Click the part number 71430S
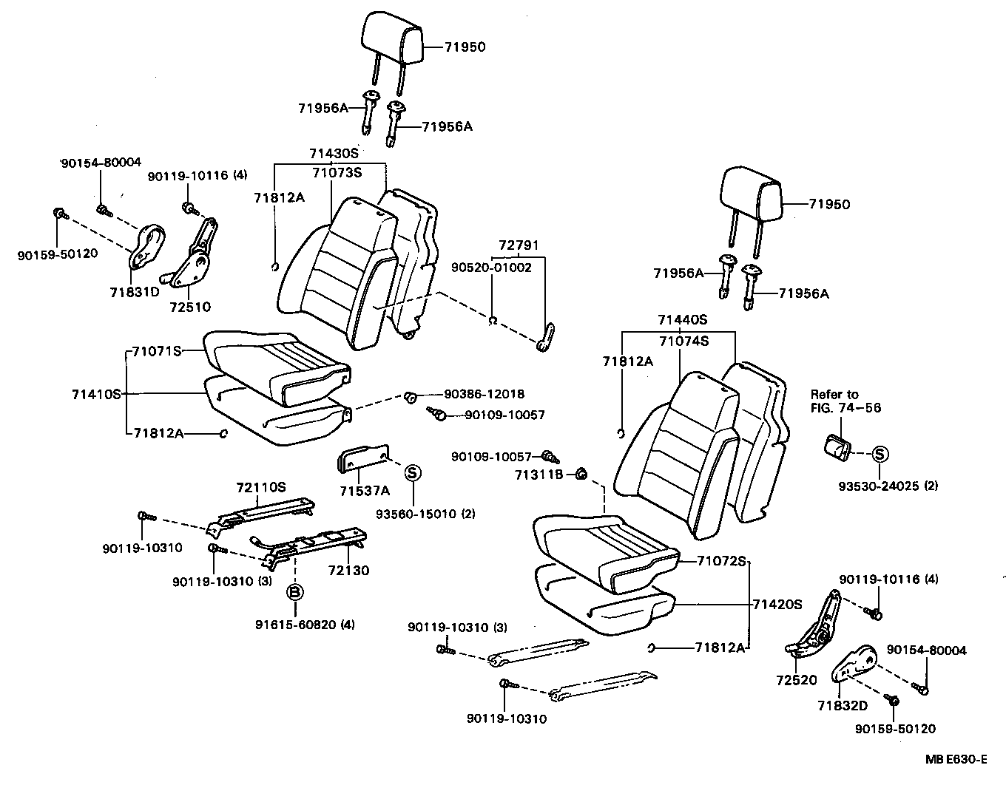[333, 154]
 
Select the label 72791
[518, 245]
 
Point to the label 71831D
[135, 291]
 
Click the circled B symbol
[294, 592]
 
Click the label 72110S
[261, 487]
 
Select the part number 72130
[343, 571]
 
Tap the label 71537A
[365, 491]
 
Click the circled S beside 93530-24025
[880, 454]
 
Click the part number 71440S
[683, 320]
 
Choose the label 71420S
[777, 604]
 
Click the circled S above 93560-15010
[413, 473]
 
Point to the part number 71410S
[96, 393]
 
